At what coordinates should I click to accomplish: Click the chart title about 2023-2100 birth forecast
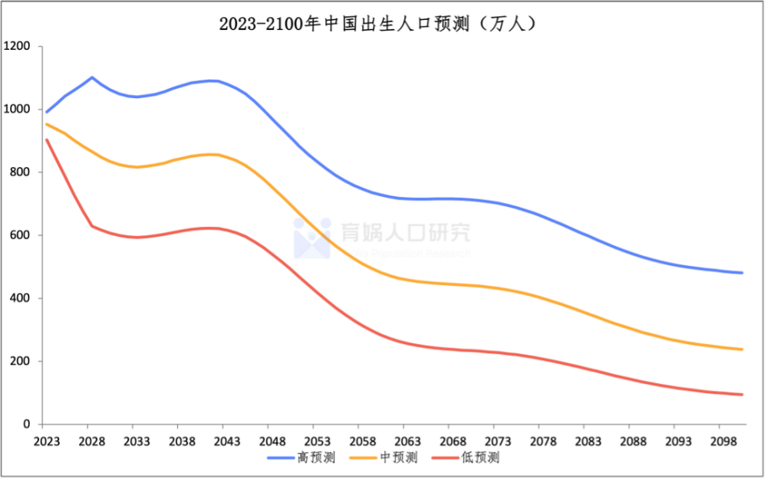tap(377, 24)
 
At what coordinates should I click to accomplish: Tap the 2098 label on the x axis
tap(719, 442)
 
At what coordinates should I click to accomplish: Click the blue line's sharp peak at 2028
tap(92, 77)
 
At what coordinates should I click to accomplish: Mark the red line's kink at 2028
tap(92, 226)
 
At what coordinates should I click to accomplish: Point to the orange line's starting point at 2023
tap(47, 124)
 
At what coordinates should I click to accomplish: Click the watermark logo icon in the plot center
tap(311, 238)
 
